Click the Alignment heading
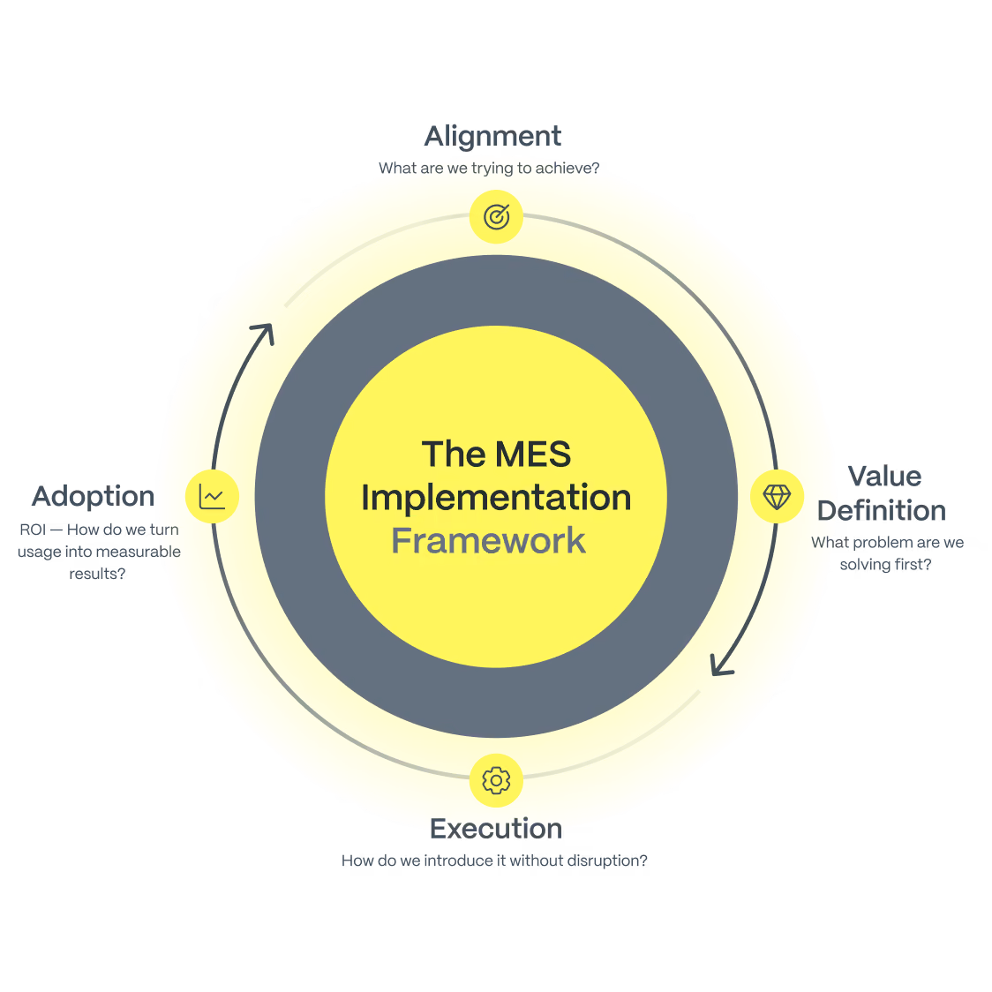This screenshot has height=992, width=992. [x=492, y=137]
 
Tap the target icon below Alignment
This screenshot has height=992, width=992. [x=497, y=216]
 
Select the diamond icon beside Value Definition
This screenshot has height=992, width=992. [x=777, y=497]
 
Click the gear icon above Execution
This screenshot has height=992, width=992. [x=496, y=781]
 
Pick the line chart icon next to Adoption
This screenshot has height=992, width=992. [x=212, y=497]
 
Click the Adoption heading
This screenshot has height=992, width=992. [x=94, y=497]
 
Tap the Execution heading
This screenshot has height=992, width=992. [x=496, y=829]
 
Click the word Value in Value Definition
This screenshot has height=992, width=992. [x=884, y=477]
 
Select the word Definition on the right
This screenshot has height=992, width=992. [x=882, y=510]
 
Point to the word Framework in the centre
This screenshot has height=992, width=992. [x=488, y=541]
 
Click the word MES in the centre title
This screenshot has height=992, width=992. [x=533, y=455]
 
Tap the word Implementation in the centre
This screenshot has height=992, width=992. [x=496, y=498]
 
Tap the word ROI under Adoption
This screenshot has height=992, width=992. [x=33, y=530]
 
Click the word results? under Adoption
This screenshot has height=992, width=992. [x=97, y=574]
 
